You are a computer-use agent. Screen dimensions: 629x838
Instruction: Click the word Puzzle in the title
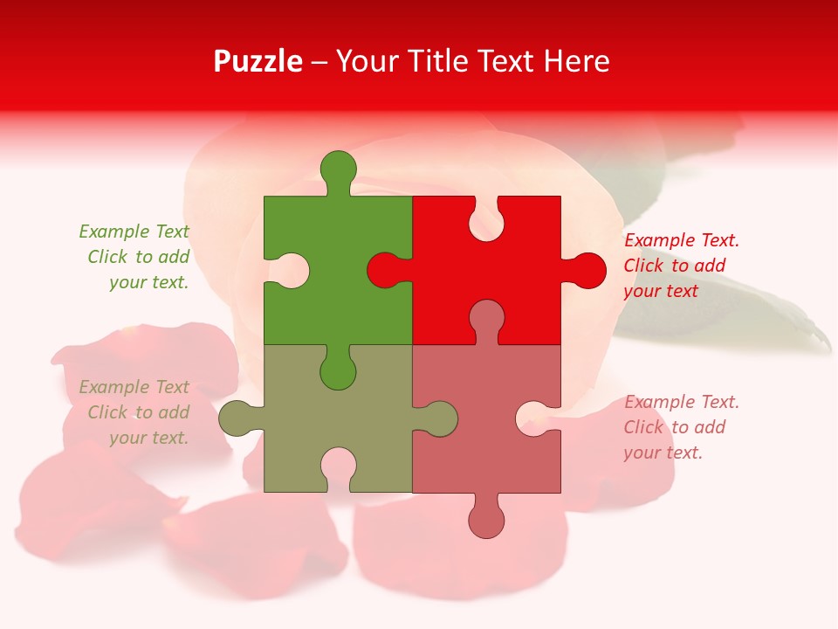(x=258, y=61)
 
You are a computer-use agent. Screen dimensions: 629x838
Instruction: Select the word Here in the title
(x=576, y=61)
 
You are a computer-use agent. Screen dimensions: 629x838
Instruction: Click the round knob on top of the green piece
(x=338, y=168)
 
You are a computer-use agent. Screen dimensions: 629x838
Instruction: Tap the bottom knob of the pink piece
(x=486, y=521)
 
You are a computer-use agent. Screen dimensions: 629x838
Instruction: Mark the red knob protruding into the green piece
(x=384, y=270)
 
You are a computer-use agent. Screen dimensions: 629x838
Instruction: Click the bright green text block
(x=135, y=257)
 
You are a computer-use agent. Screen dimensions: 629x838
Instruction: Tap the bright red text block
(x=681, y=266)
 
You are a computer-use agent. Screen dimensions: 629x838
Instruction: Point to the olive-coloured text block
(x=135, y=412)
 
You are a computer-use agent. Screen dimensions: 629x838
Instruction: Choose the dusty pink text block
(x=681, y=427)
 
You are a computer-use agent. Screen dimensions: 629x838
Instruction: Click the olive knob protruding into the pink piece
(x=440, y=418)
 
